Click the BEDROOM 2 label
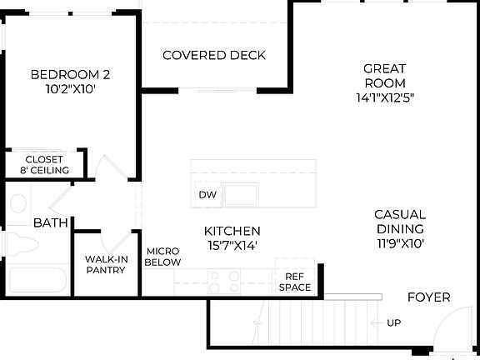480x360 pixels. [70, 75]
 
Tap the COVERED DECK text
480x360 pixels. [214, 56]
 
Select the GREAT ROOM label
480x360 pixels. [384, 76]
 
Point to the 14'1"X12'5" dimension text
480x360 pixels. [384, 97]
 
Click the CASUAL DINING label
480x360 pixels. [399, 222]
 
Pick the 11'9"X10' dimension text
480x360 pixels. [399, 244]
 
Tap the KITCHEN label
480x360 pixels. [232, 231]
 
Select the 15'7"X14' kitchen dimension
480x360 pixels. [232, 245]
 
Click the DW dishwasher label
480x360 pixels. [207, 195]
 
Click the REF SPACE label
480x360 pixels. [294, 282]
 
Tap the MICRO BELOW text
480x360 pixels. [162, 257]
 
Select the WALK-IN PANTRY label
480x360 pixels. [105, 265]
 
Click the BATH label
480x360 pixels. [50, 223]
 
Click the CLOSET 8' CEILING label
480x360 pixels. [44, 165]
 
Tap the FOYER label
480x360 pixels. [428, 297]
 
